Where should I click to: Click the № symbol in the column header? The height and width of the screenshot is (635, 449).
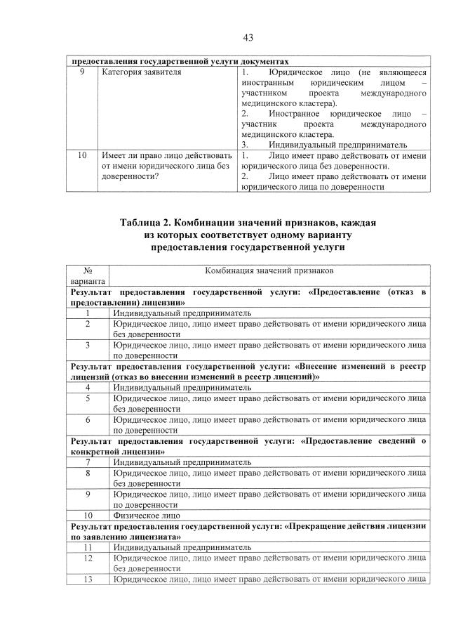point(88,270)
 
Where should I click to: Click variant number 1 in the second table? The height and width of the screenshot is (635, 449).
point(88,313)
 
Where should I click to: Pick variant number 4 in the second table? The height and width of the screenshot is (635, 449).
point(88,386)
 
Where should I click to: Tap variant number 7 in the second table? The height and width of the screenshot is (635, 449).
point(88,462)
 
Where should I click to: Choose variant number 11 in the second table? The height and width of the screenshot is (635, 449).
point(88,546)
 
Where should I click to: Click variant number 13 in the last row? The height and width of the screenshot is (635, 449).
point(88,580)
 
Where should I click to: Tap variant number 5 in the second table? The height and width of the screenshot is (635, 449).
point(88,398)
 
